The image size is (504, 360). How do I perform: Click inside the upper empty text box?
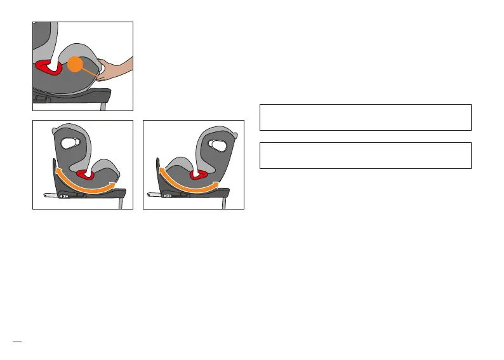click(x=365, y=117)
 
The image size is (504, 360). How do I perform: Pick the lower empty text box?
click(x=365, y=156)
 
